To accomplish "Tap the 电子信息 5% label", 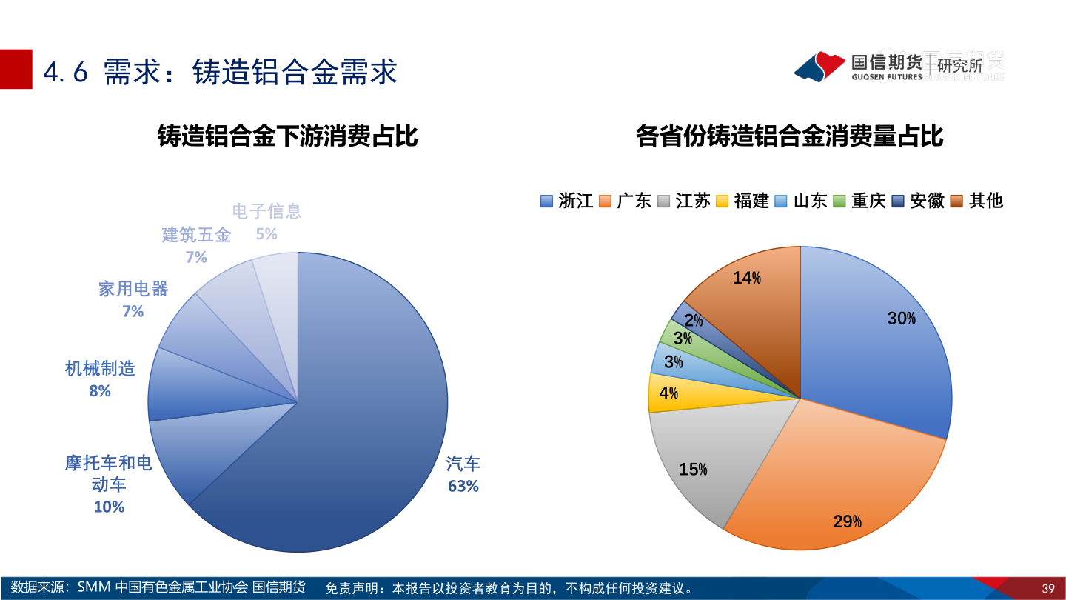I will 266,222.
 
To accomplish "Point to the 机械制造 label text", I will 100,368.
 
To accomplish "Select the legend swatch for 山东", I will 781,201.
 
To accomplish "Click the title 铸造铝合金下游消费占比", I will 287,136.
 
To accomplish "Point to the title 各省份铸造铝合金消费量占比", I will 789,136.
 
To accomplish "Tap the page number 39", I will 1047,589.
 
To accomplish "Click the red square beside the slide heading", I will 16,69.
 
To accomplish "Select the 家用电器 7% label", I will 133,299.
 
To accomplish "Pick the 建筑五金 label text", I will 196,236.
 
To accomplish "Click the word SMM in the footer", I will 93,588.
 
